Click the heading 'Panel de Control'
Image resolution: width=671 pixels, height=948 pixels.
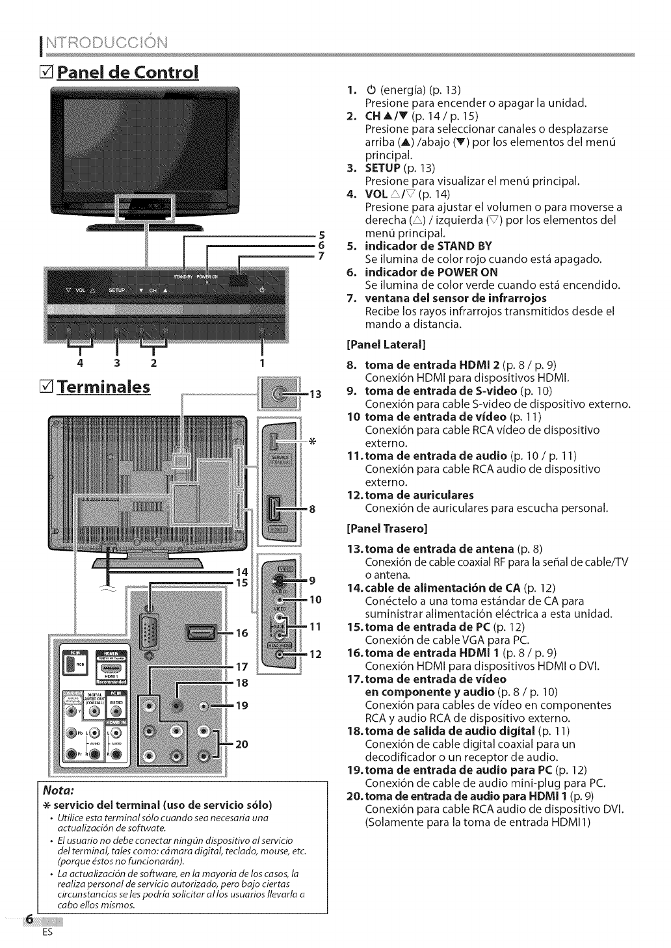coord(127,70)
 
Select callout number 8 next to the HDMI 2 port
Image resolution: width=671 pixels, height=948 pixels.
coord(312,508)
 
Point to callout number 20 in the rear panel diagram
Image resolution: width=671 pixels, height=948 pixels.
coord(242,744)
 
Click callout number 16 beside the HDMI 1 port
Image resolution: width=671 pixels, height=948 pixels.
coord(241,632)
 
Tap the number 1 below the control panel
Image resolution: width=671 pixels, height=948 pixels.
coord(262,362)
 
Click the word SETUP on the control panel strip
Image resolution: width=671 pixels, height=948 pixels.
coord(116,291)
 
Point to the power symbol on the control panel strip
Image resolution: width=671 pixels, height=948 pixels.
coord(261,291)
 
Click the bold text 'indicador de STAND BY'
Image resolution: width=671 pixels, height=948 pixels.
coord(428,246)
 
